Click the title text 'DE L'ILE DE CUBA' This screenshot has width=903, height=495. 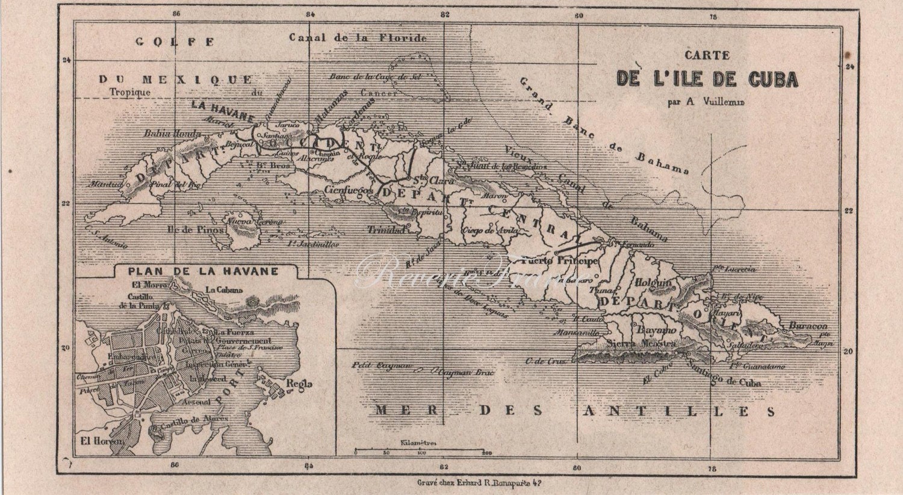[x=707, y=79]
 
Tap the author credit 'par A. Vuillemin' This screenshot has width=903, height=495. [x=706, y=102]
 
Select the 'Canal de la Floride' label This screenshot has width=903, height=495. [x=358, y=38]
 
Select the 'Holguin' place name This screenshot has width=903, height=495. [x=654, y=281]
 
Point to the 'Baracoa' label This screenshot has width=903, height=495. [x=808, y=326]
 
